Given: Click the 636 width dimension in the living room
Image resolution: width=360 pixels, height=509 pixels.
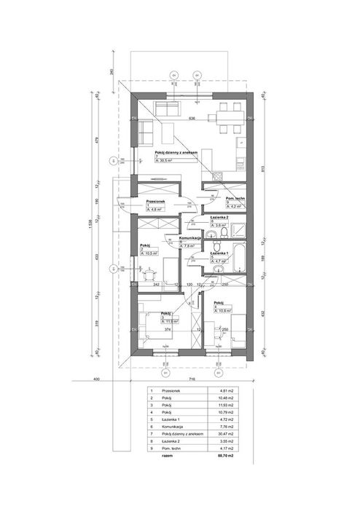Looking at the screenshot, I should (192, 118).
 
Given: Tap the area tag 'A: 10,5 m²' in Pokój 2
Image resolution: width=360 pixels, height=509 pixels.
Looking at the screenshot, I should (152, 254).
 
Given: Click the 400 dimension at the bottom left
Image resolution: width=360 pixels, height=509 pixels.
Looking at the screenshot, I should (95, 380).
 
